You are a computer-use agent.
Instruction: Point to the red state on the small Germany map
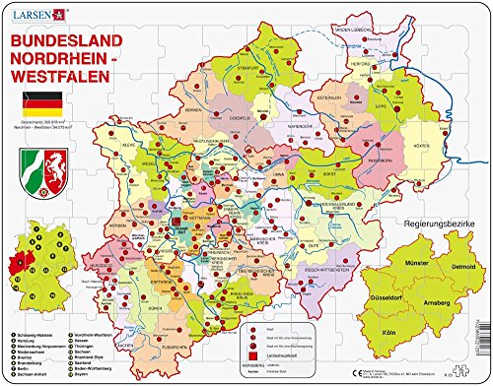(x=15, y=237)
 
